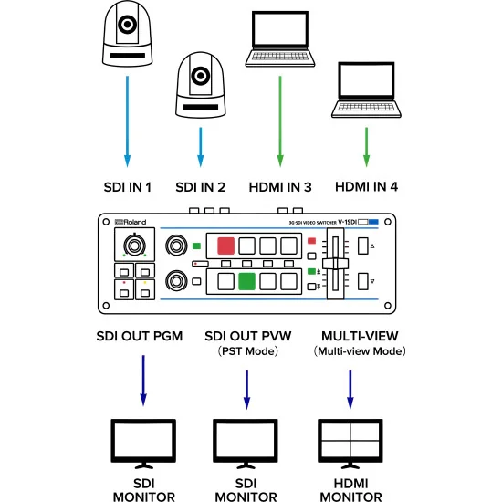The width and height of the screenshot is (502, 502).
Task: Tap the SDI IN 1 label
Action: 126,188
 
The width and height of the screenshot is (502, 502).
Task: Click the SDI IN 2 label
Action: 200,188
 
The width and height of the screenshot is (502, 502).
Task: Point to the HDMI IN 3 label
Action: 279,188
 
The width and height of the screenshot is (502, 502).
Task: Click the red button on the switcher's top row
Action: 225,246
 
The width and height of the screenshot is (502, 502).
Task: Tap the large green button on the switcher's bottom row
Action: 246,280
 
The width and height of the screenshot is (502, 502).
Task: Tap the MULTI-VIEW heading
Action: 351,336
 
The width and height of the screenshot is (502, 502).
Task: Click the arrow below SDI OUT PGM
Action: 143,383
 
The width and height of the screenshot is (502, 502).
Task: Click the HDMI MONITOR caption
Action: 350,489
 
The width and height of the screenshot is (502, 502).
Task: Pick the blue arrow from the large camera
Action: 127,119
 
